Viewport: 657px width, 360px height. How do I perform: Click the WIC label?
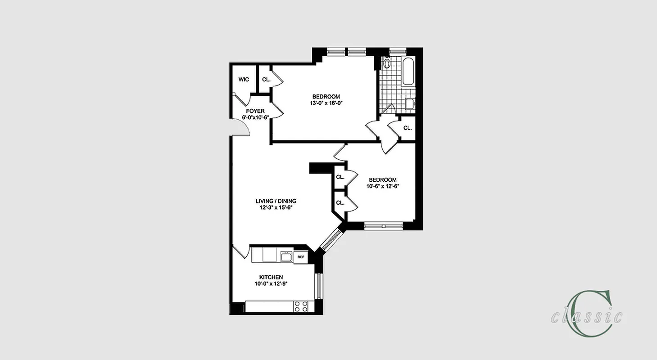coord(244,80)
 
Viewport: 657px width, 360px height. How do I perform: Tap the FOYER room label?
coord(255,111)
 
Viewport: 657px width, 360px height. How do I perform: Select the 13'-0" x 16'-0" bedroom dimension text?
coord(326,103)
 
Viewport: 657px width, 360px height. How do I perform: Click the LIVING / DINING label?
coord(276,201)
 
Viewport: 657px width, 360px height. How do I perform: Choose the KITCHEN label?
coord(271,277)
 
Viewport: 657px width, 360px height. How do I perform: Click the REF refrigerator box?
coord(300,257)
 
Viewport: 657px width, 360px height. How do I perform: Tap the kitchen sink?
coord(286,257)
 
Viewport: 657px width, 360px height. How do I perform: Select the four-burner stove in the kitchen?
coord(301,306)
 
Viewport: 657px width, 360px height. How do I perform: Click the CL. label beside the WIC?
coord(266,80)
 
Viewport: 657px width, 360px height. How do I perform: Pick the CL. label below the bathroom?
coord(407,128)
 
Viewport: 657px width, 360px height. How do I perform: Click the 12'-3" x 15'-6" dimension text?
coord(276,208)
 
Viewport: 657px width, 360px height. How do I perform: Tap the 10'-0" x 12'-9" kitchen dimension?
coord(271,284)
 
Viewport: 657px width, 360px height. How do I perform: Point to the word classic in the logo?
coord(587,317)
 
